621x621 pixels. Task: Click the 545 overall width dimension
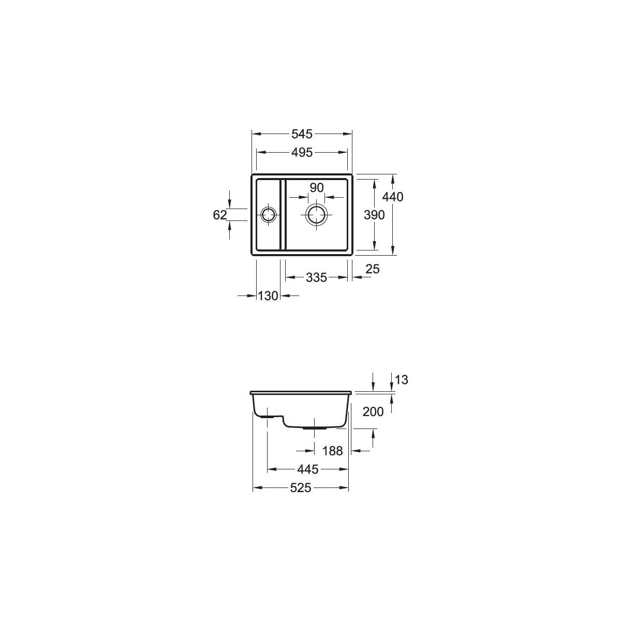302,134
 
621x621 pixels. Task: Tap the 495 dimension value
302,153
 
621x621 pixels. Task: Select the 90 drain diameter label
316,187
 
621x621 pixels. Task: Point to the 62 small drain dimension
220,215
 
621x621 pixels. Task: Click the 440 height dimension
392,197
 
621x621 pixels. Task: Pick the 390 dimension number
374,215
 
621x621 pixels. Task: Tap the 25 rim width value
373,269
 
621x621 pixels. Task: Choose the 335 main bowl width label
317,277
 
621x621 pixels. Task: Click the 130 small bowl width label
268,295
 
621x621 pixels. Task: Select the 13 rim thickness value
401,380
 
